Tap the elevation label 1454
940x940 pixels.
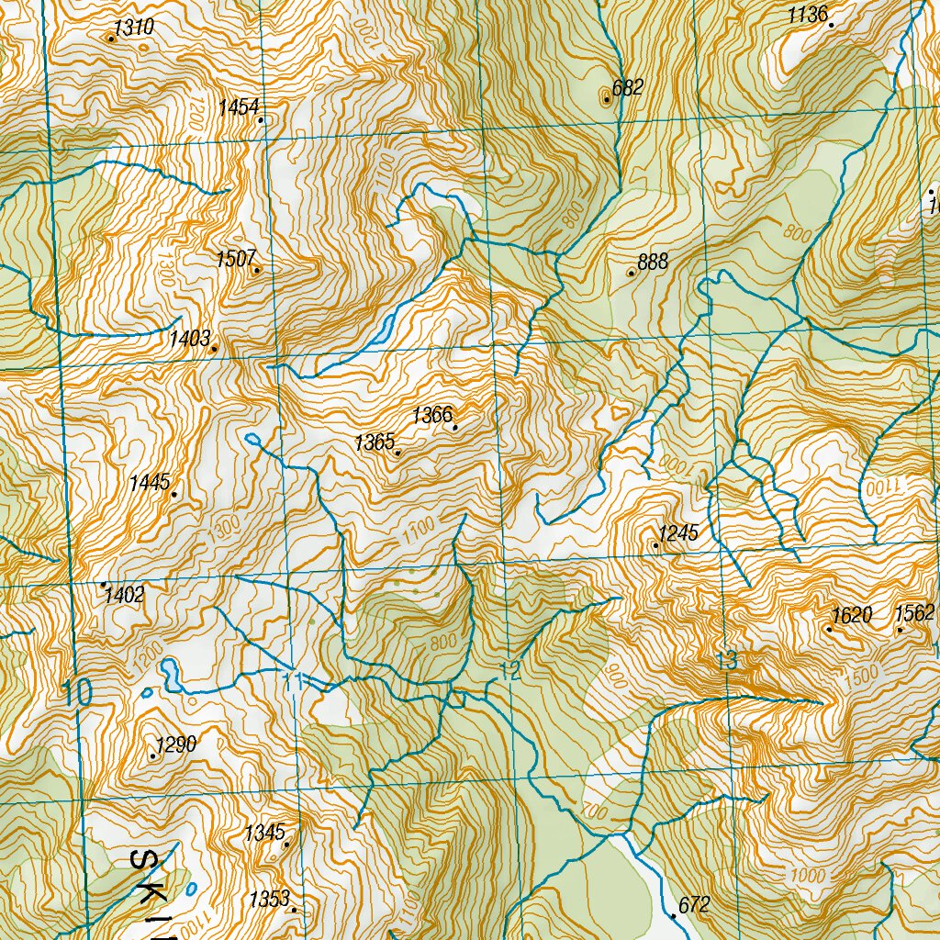point(239,108)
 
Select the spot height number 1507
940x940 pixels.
point(235,259)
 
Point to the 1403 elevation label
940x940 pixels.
point(190,339)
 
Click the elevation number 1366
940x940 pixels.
point(432,416)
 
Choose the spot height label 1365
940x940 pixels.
point(375,443)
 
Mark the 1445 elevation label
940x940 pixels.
point(150,482)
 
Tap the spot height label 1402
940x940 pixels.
point(124,595)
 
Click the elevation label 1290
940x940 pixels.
point(176,744)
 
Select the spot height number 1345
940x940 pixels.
point(264,834)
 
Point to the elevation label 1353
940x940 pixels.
point(269,899)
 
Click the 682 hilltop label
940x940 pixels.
point(628,88)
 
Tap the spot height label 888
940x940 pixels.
point(653,262)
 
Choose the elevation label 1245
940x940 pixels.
point(678,532)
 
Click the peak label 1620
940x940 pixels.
point(851,615)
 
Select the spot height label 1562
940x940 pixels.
point(914,613)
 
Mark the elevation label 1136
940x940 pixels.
point(808,15)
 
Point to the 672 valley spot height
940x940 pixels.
point(693,905)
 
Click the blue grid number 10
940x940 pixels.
point(78,693)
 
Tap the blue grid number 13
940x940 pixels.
point(726,659)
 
